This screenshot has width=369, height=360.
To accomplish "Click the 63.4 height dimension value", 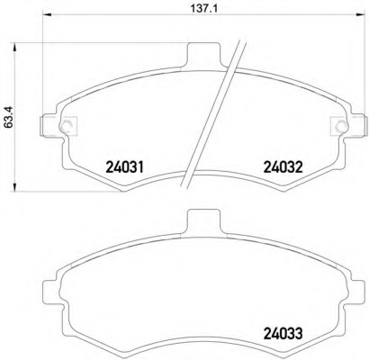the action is point(8,118).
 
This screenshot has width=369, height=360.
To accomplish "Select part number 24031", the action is point(125,167).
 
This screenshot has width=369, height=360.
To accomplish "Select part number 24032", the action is point(283,167).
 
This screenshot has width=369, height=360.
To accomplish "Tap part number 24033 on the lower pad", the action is point(283,333).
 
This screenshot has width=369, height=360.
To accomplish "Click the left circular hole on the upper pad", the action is point(66,126).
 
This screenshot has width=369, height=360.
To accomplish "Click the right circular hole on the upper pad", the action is point(342,126).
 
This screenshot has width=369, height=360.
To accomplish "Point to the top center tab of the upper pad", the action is point(203,54).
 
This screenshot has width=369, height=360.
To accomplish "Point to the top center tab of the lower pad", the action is point(203,221).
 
